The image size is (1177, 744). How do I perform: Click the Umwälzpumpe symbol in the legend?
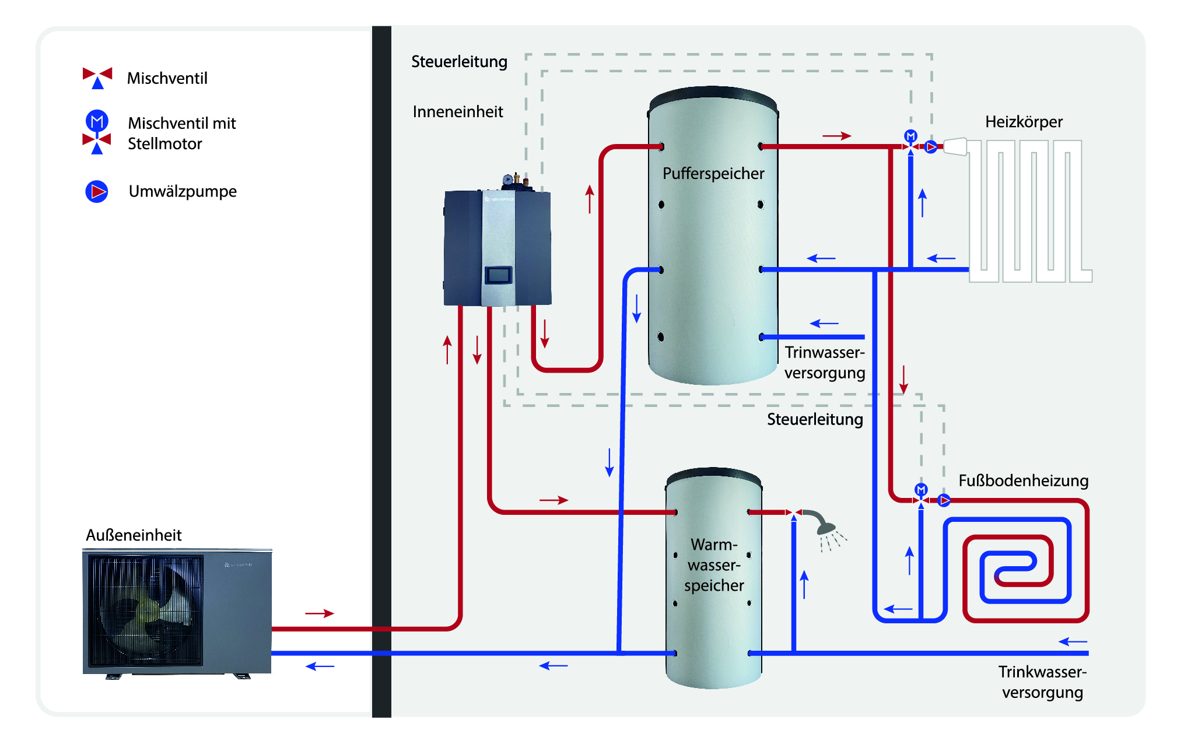pos(97,191)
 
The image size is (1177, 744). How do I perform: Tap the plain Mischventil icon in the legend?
pos(97,78)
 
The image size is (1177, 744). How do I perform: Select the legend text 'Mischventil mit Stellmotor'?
pos(181,134)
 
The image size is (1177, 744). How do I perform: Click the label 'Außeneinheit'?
pos(134,535)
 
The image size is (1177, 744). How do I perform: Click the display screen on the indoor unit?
pos(499,275)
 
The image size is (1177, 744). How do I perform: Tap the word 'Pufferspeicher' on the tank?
pos(713,174)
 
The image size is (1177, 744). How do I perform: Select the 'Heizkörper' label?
pos(1024,122)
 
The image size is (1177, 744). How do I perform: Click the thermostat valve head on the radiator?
pos(955,146)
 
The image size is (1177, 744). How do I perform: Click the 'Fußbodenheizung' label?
pos(1023,480)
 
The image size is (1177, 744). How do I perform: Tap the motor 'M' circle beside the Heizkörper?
pos(910,136)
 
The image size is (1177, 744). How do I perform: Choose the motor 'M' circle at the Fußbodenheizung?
pos(921,489)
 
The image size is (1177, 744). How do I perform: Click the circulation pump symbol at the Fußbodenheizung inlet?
pos(944,500)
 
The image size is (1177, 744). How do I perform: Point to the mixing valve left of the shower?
pos(794,513)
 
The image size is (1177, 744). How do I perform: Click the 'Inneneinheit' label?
pos(458,112)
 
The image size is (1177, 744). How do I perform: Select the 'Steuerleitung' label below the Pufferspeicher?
pos(815,419)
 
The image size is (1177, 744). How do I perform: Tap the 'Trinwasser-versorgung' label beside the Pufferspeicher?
pos(824,362)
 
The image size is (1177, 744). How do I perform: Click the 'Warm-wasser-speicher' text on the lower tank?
pos(714,564)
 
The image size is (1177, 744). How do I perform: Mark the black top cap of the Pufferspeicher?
pos(713,96)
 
